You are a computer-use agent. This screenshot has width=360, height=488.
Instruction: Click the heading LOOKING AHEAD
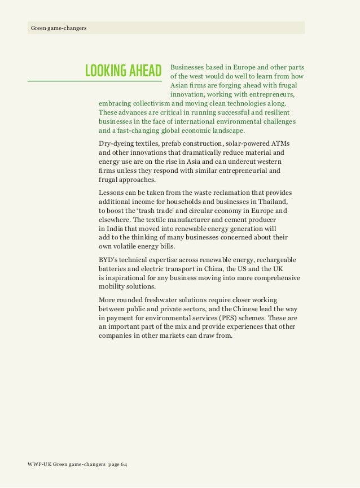point(123,71)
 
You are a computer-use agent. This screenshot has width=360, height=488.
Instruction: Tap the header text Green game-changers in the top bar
point(59,28)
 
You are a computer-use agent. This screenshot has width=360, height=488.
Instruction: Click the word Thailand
point(273,202)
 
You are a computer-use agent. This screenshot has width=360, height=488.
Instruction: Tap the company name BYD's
point(108,259)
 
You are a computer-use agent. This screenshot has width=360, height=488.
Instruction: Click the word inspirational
point(129,277)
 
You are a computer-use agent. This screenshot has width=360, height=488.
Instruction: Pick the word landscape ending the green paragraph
point(223,131)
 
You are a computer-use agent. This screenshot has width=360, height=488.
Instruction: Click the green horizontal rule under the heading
point(94,80)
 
